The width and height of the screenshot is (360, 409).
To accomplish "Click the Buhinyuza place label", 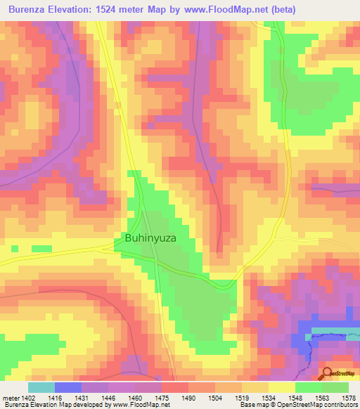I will pyautogui.click(x=150, y=238).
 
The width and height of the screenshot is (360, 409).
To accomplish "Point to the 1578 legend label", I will pyautogui.click(x=347, y=397).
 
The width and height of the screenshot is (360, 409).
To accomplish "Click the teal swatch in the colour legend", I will pyautogui.click(x=41, y=387).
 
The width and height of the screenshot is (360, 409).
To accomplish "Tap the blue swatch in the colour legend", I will pyautogui.click(x=68, y=387).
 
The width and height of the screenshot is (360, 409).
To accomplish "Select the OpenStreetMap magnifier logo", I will pyautogui.click(x=327, y=374).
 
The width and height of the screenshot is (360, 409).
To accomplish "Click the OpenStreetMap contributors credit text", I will pyautogui.click(x=310, y=405).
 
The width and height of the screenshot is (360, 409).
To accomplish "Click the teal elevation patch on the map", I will pyautogui.click(x=334, y=330).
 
